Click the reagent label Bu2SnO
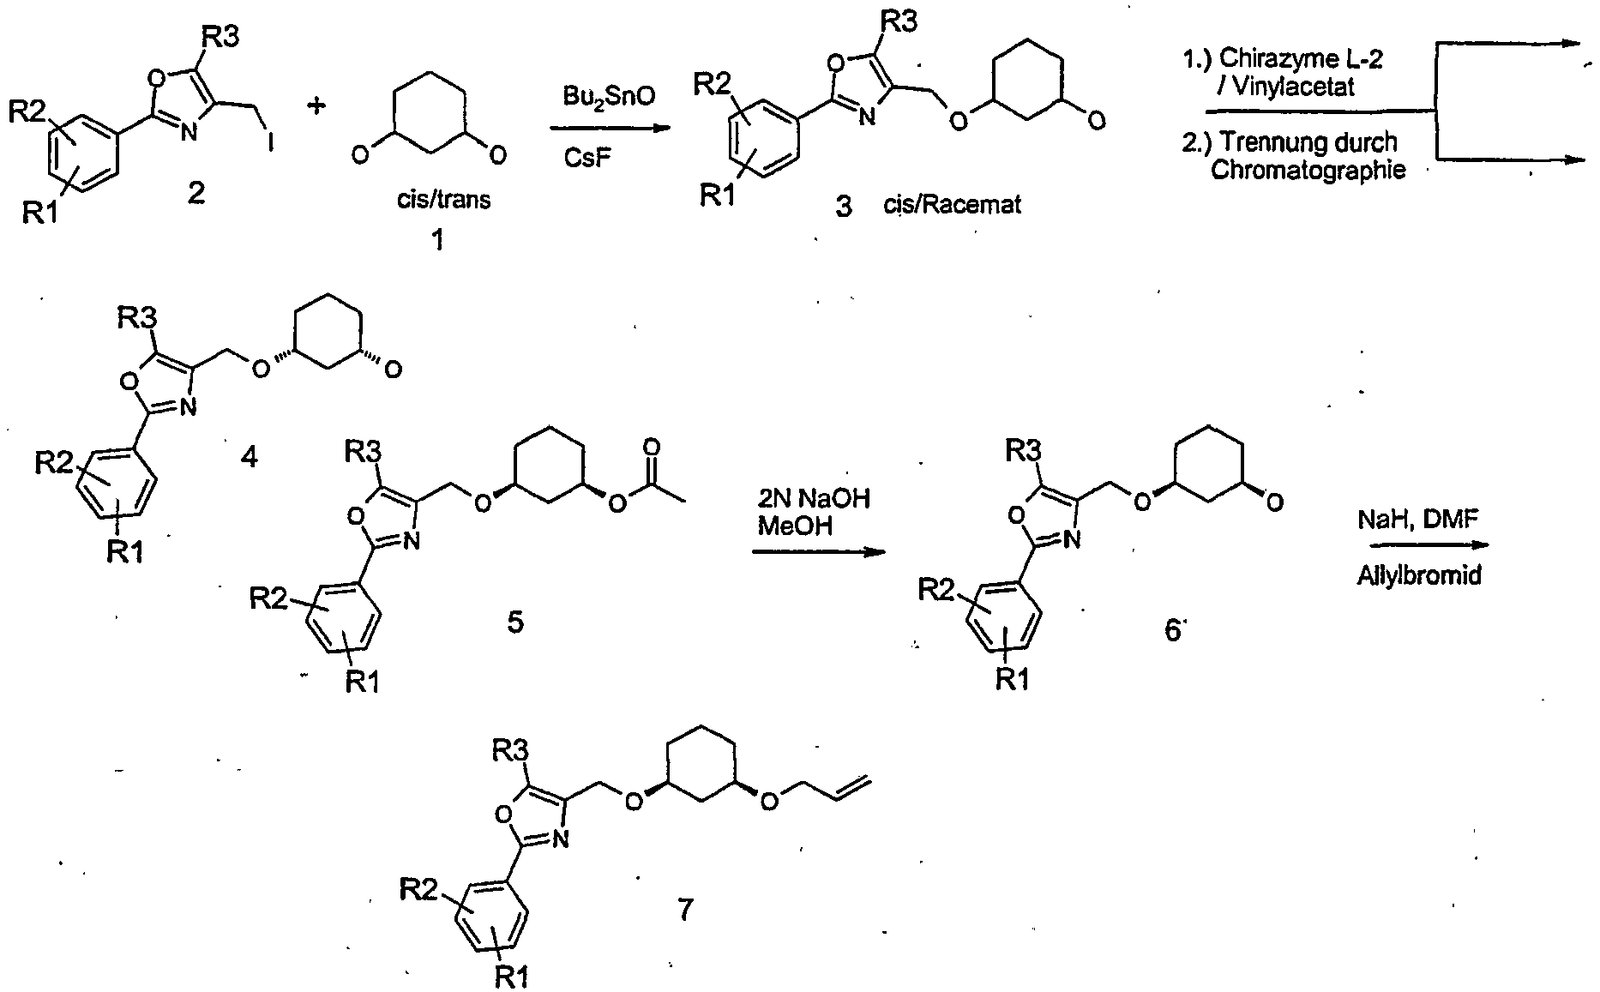(x=608, y=96)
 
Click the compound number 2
(x=196, y=195)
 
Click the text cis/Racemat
(x=952, y=206)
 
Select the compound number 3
(x=844, y=207)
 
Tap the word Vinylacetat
(x=1298, y=86)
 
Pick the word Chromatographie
(x=1308, y=170)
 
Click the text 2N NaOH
(x=813, y=497)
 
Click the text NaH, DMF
(x=1419, y=520)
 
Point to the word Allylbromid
(x=1418, y=574)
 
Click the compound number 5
(x=514, y=622)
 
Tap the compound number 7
(x=684, y=909)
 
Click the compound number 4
(x=249, y=458)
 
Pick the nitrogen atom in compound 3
(x=867, y=117)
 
